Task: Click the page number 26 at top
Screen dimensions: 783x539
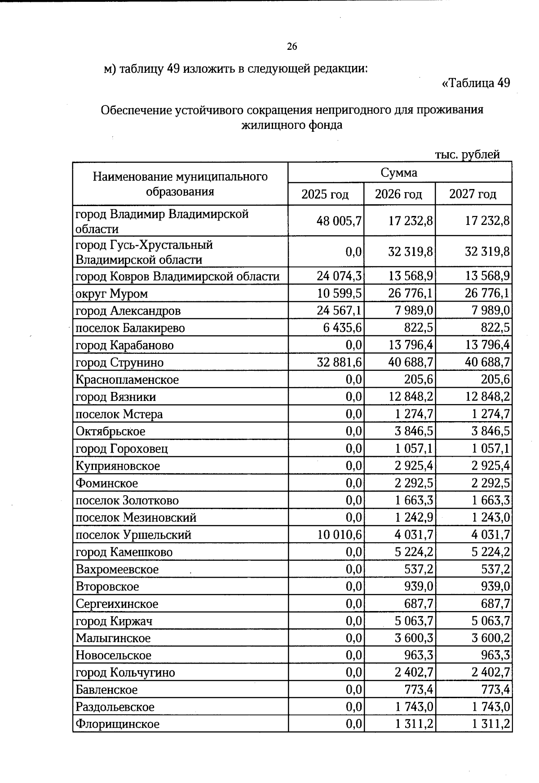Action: coord(292,46)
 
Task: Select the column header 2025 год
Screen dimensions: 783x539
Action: coord(325,194)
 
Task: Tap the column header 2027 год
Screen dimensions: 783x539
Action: coord(473,194)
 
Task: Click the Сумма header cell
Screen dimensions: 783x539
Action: coord(399,173)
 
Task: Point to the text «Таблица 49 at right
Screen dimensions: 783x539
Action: coord(476,83)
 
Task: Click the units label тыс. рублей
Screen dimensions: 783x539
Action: coord(467,155)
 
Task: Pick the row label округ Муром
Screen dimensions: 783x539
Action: coord(112,294)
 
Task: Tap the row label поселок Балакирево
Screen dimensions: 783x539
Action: coord(130,328)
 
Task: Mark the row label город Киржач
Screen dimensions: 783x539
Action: coord(114,621)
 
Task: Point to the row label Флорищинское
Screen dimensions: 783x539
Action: coord(118,724)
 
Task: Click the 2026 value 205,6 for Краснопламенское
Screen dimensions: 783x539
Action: coord(419,380)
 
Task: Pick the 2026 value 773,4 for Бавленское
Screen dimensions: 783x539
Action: coord(419,690)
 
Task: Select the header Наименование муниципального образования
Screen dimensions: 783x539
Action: coord(180,184)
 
